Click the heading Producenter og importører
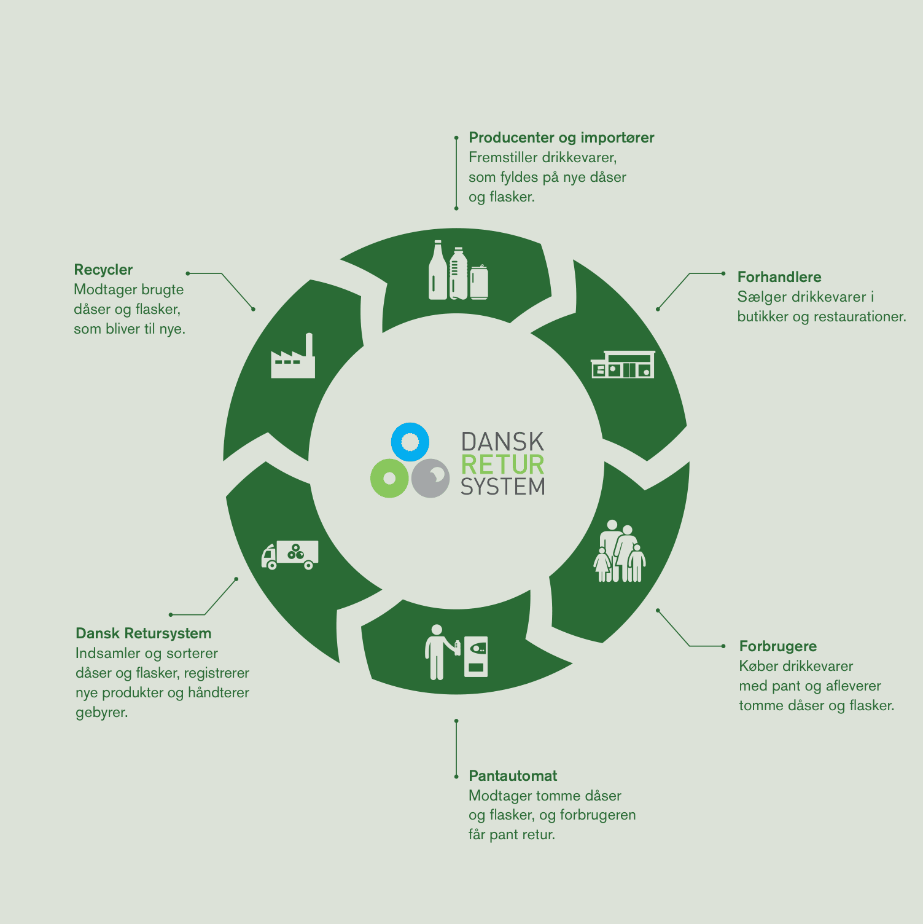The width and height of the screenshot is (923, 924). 561,138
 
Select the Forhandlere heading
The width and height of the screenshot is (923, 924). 779,277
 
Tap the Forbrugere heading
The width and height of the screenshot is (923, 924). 777,646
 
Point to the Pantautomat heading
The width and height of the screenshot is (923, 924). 513,776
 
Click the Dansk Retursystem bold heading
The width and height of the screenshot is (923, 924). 143,633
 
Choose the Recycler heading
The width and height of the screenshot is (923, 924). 103,270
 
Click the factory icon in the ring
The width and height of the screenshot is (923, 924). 293,356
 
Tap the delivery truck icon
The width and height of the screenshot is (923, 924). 290,555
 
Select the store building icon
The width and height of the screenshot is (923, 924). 623,364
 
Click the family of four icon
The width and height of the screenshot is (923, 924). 620,551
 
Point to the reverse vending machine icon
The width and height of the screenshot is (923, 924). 476,656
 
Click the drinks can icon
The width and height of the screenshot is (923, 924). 479,283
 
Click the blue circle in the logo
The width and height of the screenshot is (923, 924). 410,442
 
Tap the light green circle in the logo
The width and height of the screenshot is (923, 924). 389,478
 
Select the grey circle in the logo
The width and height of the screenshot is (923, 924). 430,478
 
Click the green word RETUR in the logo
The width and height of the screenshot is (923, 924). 502,465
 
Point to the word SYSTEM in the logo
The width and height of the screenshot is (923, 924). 502,487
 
